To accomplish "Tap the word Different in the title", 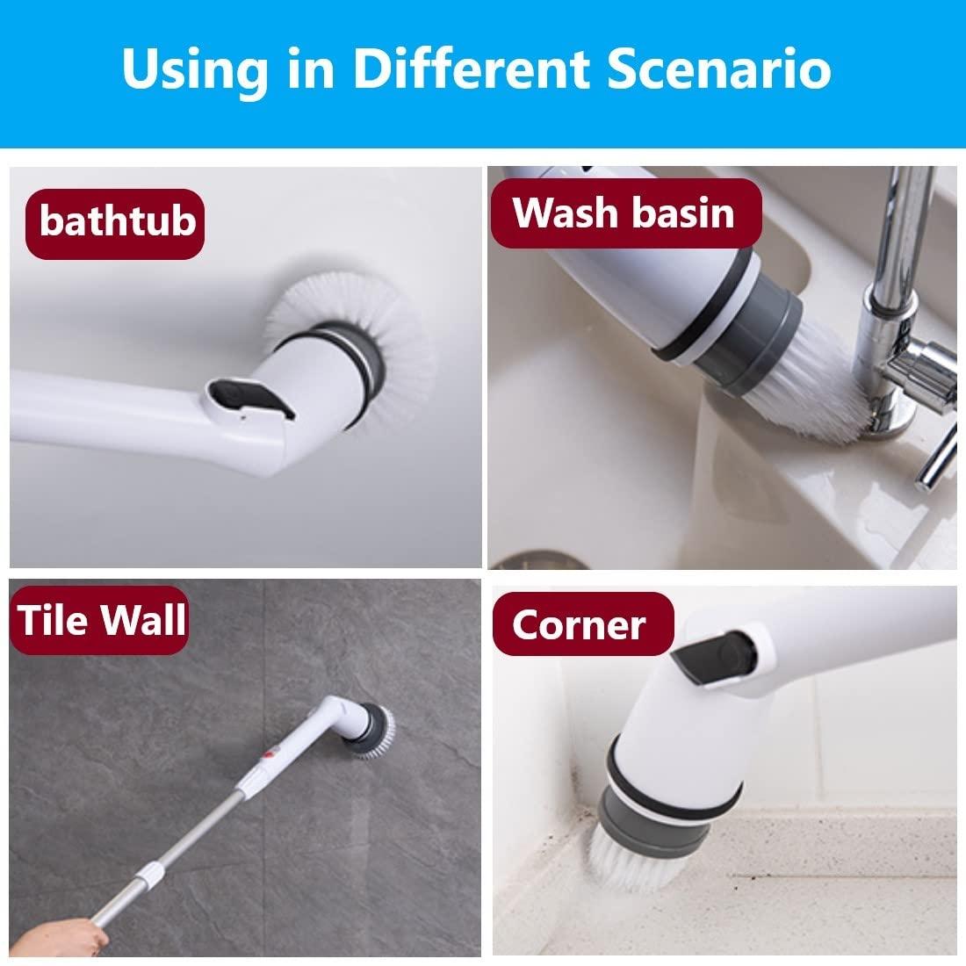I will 470,69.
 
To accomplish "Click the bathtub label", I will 117,220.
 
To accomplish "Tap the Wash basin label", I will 624,213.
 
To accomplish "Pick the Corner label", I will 580,624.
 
